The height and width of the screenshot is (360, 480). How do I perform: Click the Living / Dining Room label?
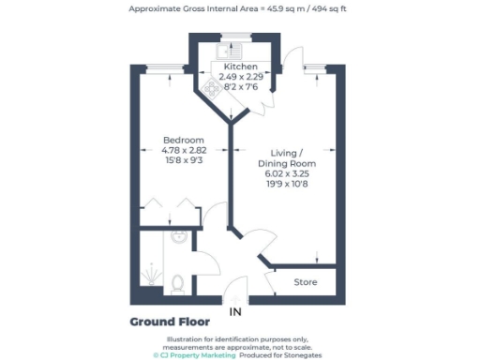(278, 157)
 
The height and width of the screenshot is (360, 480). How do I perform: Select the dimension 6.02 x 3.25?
(278, 174)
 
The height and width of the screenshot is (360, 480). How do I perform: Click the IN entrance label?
(235, 311)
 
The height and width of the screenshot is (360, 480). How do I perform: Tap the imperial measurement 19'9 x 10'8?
(278, 185)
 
